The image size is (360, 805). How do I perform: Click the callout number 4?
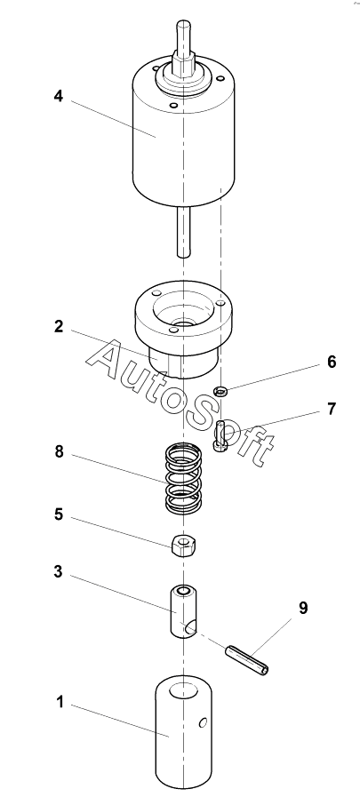pyautogui.click(x=59, y=96)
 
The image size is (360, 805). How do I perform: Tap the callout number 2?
pyautogui.click(x=59, y=326)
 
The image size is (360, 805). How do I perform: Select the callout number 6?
pyautogui.click(x=332, y=362)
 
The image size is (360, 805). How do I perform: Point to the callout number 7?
pyautogui.click(x=332, y=410)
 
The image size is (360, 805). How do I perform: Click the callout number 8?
pyautogui.click(x=59, y=452)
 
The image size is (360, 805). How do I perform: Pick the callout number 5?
pyautogui.click(x=59, y=514)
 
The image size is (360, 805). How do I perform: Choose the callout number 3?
pyautogui.click(x=59, y=571)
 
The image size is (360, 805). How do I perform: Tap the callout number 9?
pyautogui.click(x=303, y=609)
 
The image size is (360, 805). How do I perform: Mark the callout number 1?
pyautogui.click(x=60, y=702)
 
